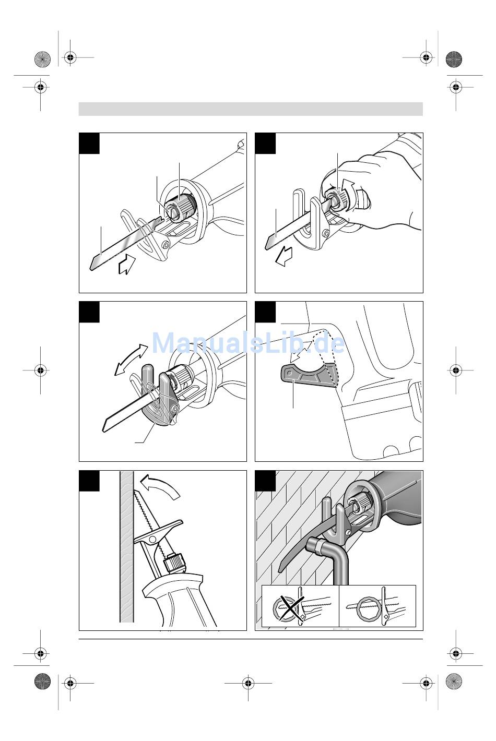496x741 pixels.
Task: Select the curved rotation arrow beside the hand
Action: (348, 188)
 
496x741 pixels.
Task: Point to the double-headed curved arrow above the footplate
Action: (131, 360)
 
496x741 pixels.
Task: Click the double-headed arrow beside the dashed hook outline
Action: (301, 352)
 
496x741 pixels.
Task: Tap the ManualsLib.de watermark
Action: (248, 343)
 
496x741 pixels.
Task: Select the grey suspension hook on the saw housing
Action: (308, 375)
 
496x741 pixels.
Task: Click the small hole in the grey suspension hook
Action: (290, 373)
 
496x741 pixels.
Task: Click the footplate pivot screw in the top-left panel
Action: (165, 245)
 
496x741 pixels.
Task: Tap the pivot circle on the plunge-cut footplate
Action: (152, 540)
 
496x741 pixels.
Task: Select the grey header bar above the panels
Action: (251, 109)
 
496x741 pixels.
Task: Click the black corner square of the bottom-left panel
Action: (89, 481)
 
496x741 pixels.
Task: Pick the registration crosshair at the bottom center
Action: (248, 683)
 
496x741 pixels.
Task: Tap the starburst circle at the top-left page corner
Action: (42, 59)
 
